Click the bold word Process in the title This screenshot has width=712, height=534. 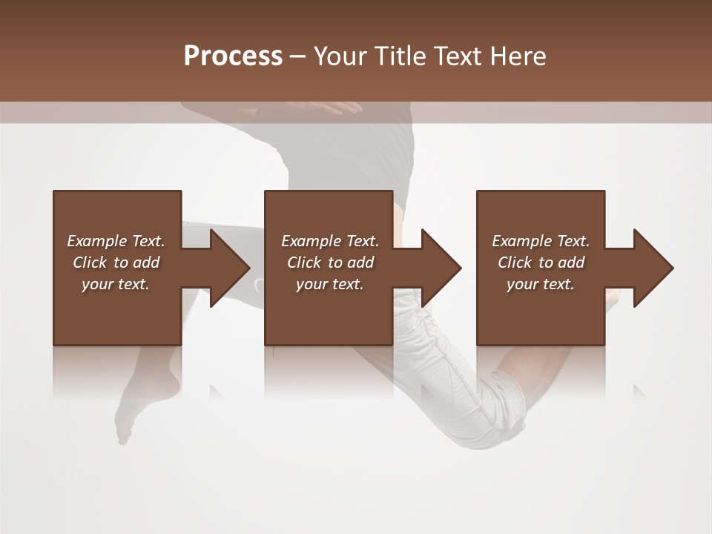(x=233, y=56)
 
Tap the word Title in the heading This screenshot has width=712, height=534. (x=398, y=56)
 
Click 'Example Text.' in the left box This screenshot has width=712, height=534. (x=116, y=241)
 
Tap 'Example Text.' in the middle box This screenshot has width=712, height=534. (x=330, y=241)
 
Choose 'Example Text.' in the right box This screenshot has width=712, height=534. (x=541, y=241)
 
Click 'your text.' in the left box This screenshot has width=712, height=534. (x=116, y=284)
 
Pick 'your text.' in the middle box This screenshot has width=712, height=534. (x=330, y=284)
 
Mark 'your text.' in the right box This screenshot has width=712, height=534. (x=541, y=284)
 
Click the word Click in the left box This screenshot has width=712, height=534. (x=90, y=263)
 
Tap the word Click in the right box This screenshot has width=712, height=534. (x=515, y=263)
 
